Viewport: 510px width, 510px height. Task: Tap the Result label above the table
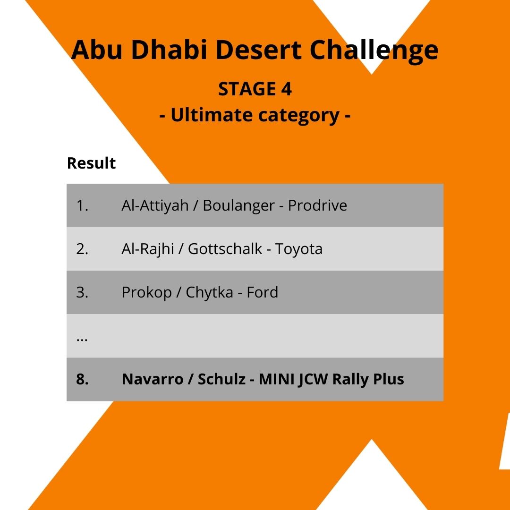point(91,163)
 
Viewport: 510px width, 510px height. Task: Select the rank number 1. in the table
point(82,205)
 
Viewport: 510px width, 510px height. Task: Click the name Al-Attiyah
point(155,205)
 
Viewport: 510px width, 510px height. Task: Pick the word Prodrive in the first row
point(317,205)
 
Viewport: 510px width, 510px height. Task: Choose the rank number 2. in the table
point(82,249)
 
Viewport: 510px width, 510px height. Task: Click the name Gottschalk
point(225,249)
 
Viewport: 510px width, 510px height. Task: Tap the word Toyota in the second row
point(299,249)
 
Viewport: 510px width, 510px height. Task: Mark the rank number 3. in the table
point(82,292)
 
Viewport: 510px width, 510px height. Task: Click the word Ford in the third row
point(262,292)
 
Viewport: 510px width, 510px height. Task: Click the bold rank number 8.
point(82,379)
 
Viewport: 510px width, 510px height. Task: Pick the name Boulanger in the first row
point(238,205)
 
